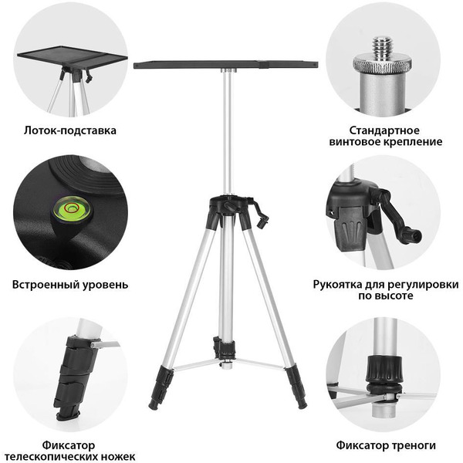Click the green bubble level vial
tap(72, 208)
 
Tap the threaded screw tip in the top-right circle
tap(382, 47)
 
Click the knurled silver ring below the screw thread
tap(383, 65)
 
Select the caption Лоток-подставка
tap(70, 130)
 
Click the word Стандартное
tap(384, 130)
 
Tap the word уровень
tap(105, 285)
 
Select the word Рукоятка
tap(337, 285)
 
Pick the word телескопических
tap(53, 456)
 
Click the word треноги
tap(415, 445)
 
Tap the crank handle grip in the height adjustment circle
tap(411, 235)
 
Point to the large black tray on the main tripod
tap(225, 65)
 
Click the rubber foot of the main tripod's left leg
tap(154, 404)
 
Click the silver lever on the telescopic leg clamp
tap(106, 344)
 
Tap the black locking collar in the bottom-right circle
tap(384, 369)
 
